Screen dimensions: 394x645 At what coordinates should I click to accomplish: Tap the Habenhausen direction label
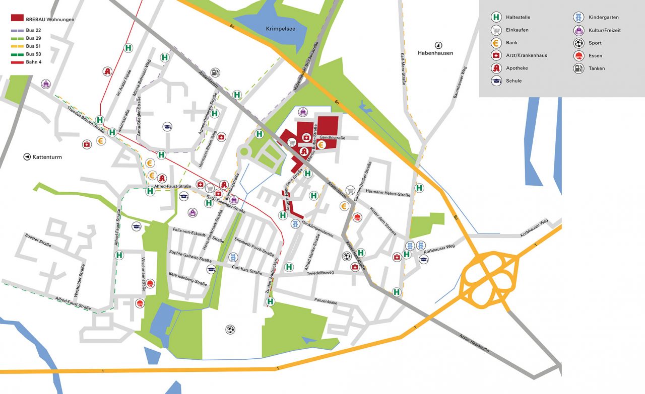tap(435, 52)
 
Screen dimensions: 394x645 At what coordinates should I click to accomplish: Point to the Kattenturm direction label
tap(47, 157)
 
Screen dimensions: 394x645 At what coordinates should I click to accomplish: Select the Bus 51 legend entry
tap(34, 46)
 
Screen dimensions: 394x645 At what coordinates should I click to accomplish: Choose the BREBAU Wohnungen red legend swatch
tap(17, 19)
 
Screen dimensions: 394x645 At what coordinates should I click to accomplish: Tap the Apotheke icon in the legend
tap(496, 68)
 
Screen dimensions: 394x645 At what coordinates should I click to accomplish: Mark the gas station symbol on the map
tap(216, 72)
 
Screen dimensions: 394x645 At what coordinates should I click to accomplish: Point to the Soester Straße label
tap(38, 240)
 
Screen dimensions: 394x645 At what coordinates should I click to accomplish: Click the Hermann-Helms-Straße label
tap(388, 193)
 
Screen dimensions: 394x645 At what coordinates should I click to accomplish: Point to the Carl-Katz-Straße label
tap(247, 270)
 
